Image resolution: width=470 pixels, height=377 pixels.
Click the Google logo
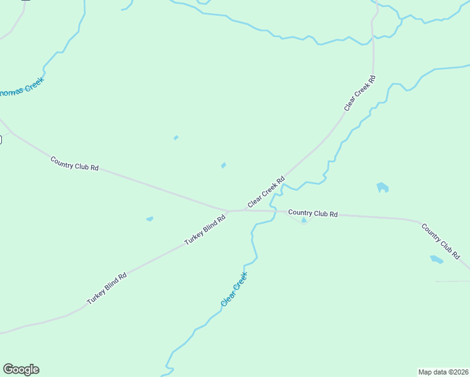21,369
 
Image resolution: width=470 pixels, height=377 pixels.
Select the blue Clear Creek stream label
234,289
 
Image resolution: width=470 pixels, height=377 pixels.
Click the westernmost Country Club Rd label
74,163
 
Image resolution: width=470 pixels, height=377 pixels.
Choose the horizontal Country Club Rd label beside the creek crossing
313,214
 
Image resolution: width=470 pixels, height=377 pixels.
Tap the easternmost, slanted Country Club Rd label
440,241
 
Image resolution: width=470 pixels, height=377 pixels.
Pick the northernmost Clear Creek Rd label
359,94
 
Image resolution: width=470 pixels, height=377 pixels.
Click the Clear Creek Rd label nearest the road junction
266,192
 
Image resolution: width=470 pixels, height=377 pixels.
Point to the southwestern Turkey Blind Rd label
107,288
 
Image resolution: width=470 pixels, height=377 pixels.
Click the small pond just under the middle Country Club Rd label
304,221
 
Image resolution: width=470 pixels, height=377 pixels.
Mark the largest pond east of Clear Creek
382,187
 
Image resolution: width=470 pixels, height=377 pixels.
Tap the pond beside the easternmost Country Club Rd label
436,259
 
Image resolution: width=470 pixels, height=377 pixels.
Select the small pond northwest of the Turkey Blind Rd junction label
150,219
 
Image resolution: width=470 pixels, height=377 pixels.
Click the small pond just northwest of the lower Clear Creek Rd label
223,165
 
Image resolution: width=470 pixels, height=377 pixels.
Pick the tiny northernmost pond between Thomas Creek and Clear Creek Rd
176,138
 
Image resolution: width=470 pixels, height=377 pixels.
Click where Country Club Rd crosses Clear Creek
275,212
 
